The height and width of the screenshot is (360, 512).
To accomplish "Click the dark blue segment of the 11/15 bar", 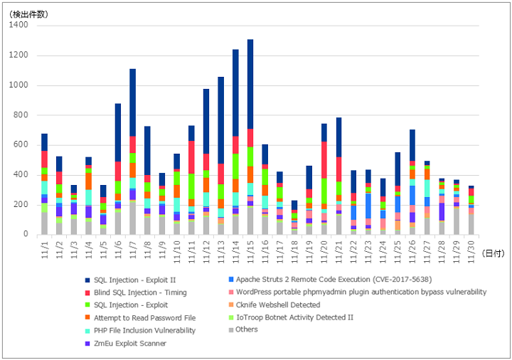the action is [250, 84].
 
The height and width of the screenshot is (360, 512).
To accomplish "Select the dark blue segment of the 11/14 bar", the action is [235, 92].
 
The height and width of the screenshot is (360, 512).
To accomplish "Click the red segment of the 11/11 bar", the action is [191, 157].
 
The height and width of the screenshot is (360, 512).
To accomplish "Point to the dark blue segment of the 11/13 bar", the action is [220, 120].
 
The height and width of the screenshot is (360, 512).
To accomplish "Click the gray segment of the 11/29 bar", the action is [457, 222].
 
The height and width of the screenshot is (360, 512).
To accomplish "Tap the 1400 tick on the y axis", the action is [18, 25].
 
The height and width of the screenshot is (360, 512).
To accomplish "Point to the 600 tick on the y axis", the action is [21, 144].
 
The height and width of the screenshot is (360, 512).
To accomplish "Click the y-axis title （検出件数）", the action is [28, 14].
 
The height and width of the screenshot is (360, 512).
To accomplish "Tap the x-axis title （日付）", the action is [493, 253].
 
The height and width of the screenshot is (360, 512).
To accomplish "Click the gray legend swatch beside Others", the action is [231, 330].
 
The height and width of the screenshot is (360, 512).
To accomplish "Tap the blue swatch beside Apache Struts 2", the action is [231, 280].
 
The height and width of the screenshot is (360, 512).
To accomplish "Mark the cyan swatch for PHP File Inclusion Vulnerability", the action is [87, 331].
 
